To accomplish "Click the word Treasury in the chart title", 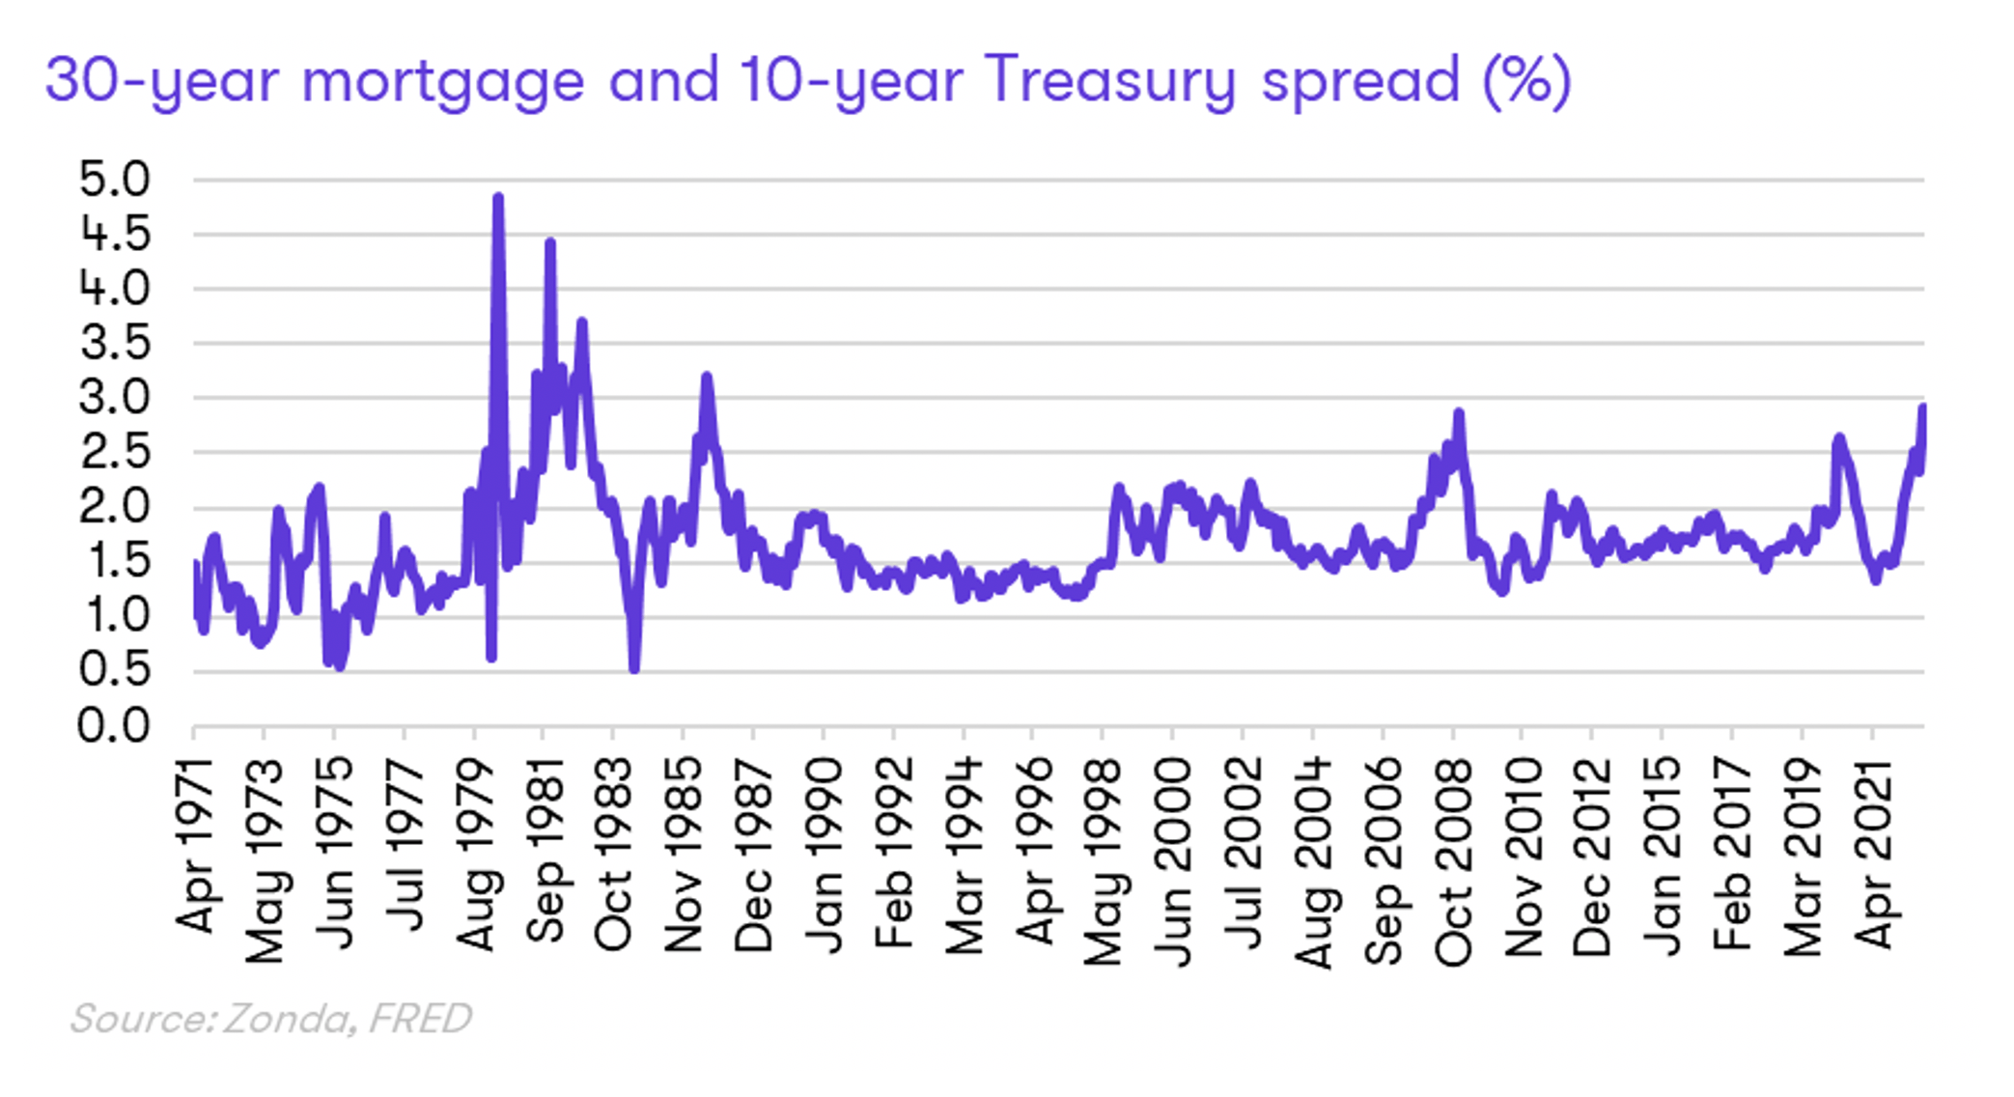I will [1110, 81].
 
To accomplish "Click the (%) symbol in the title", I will [1527, 81].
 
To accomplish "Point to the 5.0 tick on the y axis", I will [115, 180].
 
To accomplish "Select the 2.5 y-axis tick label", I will [115, 453].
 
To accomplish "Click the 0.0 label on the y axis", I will [115, 726].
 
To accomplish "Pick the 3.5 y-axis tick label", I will [115, 344].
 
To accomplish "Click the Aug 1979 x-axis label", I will [475, 855].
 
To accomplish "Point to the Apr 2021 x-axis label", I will [1874, 854].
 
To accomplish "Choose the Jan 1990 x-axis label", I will [825, 855].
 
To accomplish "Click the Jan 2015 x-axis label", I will [1664, 856].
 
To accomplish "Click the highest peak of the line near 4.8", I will [498, 198].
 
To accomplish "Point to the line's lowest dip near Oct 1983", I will [634, 667].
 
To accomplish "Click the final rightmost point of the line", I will [1922, 408].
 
